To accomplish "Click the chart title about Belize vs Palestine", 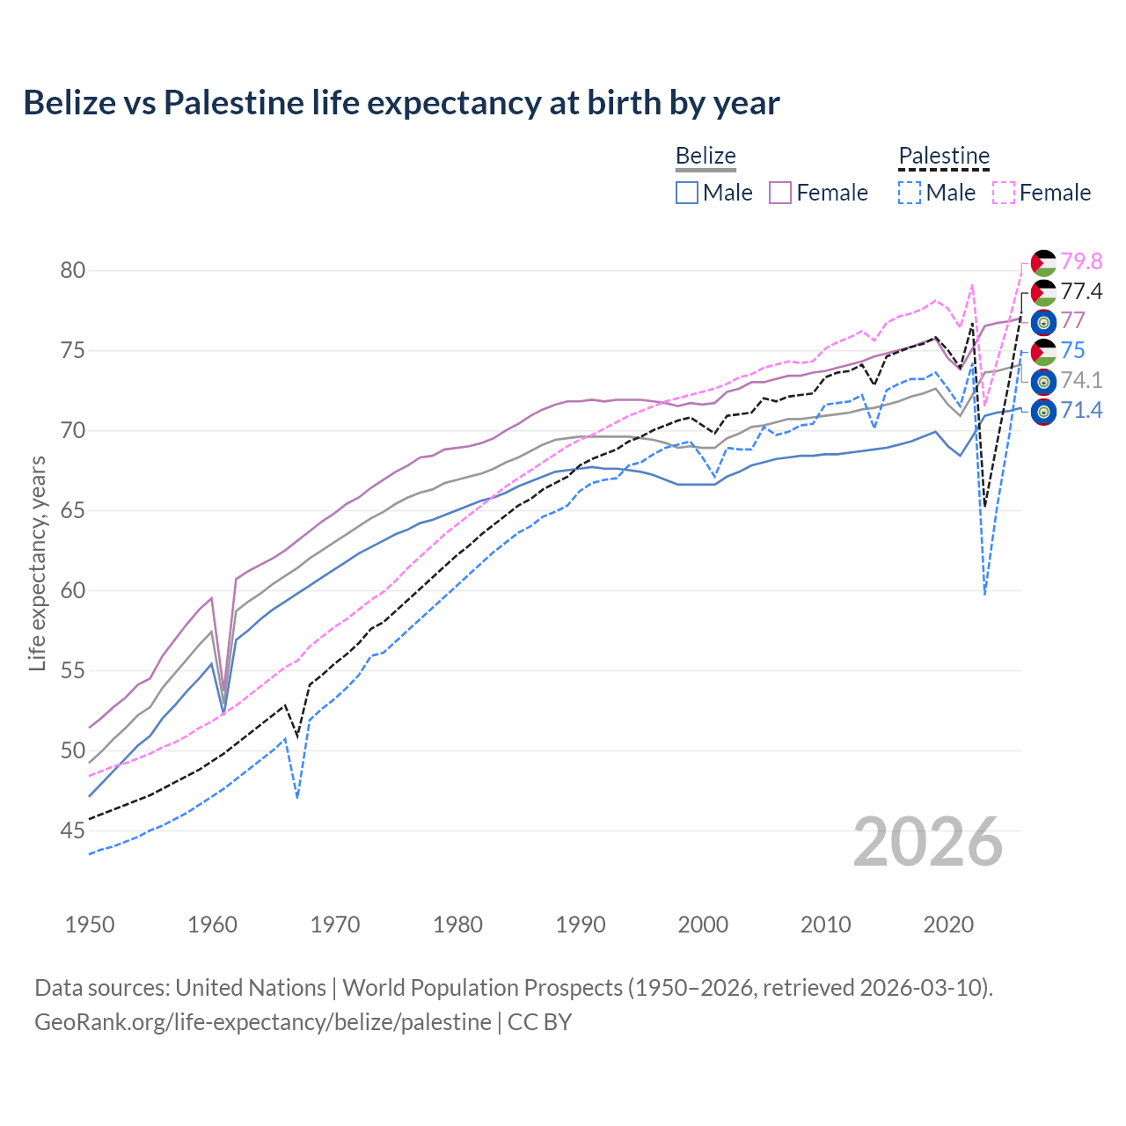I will [401, 103].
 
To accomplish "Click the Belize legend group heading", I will [706, 156].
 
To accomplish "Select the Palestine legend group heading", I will [944, 156].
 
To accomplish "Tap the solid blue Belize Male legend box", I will [687, 193].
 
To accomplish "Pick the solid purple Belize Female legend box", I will [780, 193].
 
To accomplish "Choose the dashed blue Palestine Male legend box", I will [910, 193].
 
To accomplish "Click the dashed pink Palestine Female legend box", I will [1003, 193].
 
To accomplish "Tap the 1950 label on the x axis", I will [90, 925].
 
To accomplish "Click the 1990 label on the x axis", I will [581, 925].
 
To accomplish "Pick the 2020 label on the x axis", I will [948, 925].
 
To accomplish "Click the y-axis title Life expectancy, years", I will [37, 563].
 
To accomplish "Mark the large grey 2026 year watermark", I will [928, 842].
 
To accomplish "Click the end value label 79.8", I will [1081, 261].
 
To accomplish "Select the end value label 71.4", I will [1081, 410].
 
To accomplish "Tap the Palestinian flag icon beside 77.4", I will [1043, 292].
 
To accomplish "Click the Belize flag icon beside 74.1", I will [1043, 382].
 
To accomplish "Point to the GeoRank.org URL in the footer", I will [262, 1022].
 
